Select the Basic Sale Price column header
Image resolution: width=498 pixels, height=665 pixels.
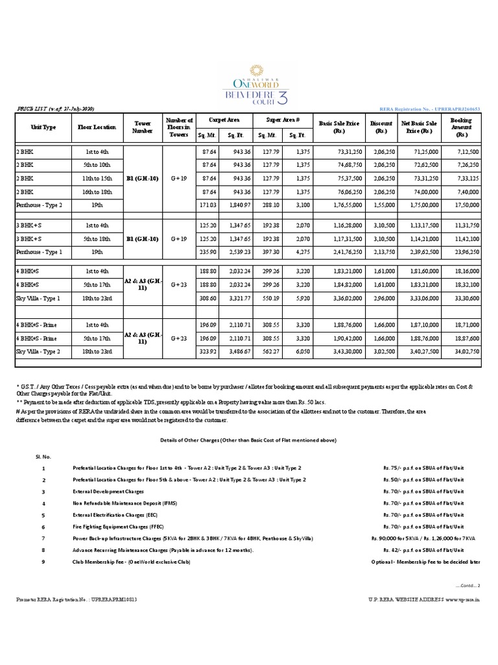(339, 127)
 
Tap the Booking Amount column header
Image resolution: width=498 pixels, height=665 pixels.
(461, 127)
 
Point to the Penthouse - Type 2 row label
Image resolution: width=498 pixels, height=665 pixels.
(40, 204)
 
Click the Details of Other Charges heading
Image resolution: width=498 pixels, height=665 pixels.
(248, 440)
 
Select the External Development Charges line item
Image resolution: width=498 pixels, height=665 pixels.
(108, 492)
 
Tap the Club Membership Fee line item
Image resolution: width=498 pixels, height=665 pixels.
(131, 562)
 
